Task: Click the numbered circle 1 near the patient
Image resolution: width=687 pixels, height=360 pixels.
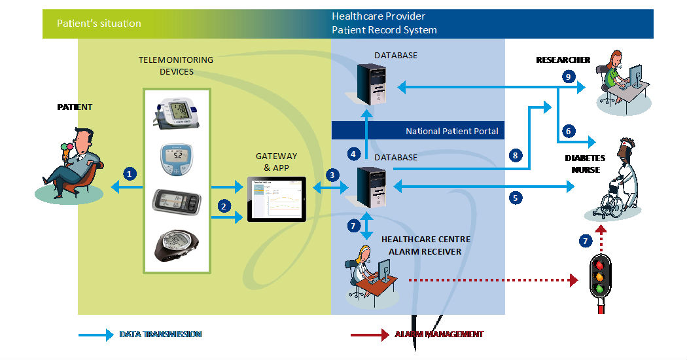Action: pos(130,173)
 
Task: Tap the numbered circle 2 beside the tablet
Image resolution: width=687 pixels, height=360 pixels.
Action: pos(224,206)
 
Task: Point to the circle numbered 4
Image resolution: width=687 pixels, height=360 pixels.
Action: pos(354,154)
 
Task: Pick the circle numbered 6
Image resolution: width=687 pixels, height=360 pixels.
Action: pos(568,131)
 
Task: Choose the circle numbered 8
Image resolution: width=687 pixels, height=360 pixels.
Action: pos(516,155)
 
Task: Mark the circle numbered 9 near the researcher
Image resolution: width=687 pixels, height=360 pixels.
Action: pos(568,77)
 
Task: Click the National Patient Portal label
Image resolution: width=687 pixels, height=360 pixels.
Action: pos(451,131)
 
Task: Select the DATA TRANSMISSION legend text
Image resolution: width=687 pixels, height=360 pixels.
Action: pos(160,334)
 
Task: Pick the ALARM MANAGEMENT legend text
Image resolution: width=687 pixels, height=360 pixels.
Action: pos(439,334)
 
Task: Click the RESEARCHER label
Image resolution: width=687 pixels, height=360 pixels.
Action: pos(563,60)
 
